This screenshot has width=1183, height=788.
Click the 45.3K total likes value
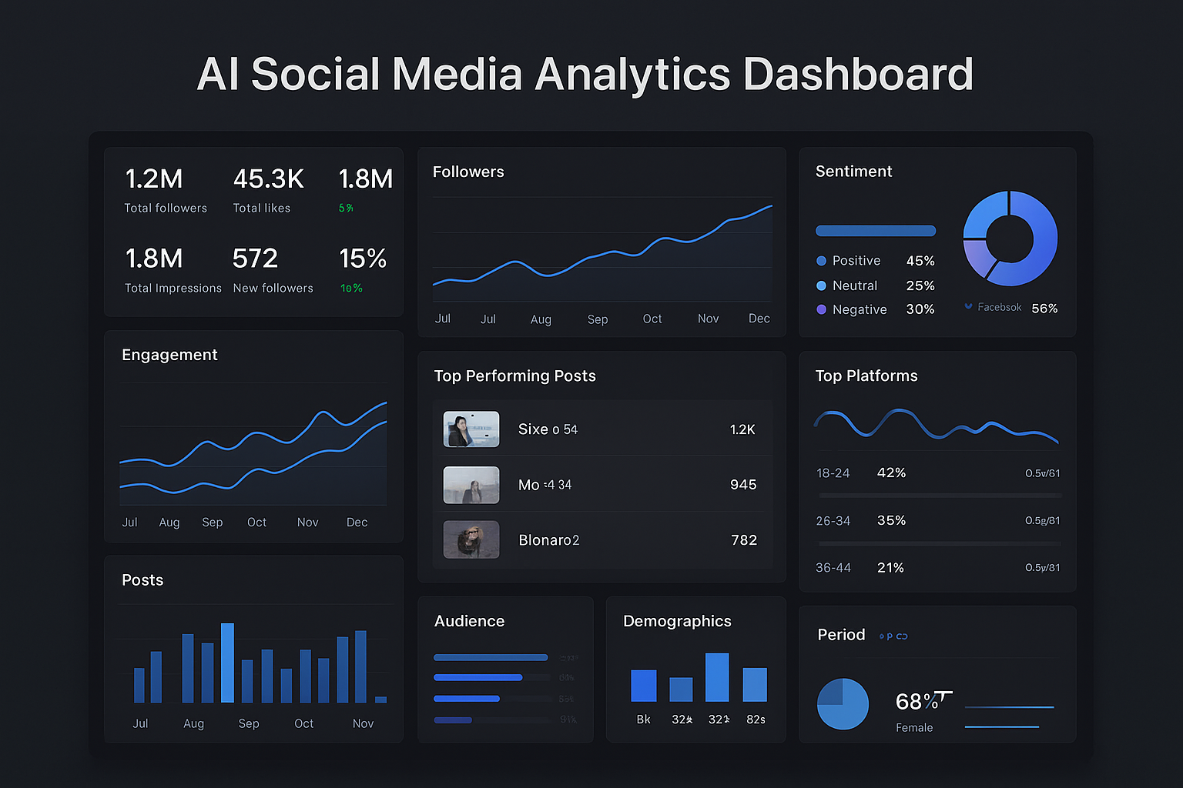click(x=268, y=179)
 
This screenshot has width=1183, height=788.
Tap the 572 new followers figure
click(x=255, y=259)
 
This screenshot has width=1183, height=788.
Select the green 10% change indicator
click(x=351, y=289)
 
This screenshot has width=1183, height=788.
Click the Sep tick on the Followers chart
click(x=598, y=319)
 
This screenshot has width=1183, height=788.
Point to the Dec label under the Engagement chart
click(x=357, y=523)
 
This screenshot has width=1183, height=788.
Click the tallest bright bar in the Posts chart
click(x=227, y=663)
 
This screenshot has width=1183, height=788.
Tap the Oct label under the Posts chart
click(x=303, y=724)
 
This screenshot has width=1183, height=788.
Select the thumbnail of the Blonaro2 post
click(x=471, y=539)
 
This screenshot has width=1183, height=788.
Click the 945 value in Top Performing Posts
click(x=743, y=485)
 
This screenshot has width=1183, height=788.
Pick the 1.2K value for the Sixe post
click(x=742, y=429)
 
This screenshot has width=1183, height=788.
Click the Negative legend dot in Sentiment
click(x=821, y=309)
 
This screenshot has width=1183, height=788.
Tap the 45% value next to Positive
click(x=920, y=261)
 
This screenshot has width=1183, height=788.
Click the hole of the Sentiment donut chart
click(x=1010, y=239)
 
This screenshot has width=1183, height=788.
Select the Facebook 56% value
click(x=1044, y=309)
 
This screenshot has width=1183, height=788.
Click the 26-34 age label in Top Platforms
click(x=833, y=521)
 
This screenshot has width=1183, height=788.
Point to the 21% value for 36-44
click(x=890, y=568)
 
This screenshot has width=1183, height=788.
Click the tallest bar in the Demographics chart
click(x=717, y=677)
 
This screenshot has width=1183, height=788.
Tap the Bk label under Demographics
click(x=643, y=720)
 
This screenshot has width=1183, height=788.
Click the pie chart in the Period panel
click(x=843, y=703)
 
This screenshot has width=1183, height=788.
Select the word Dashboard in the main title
click(x=858, y=75)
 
